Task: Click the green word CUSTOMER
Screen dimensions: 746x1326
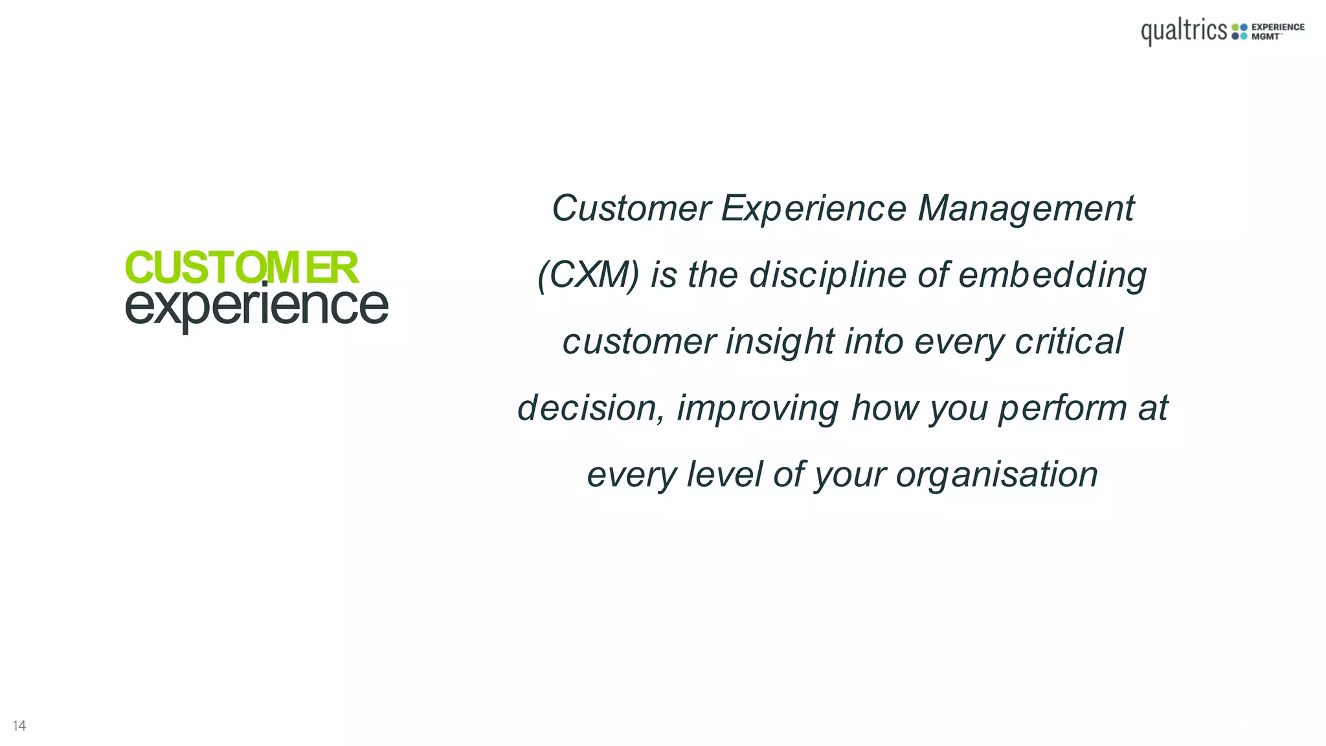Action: (x=241, y=267)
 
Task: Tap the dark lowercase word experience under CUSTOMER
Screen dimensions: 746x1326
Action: (x=256, y=306)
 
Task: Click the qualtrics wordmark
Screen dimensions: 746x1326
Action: (x=1184, y=31)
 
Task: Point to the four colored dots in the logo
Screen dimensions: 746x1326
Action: (x=1239, y=32)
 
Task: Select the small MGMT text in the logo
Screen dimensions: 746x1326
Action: (x=1265, y=37)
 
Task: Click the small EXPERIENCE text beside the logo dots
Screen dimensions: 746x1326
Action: (x=1277, y=27)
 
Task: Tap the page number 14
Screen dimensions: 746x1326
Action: (x=19, y=726)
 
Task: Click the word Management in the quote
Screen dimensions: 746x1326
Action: (x=1026, y=209)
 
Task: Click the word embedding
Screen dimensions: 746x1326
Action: (x=1052, y=275)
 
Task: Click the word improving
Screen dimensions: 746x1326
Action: (x=758, y=408)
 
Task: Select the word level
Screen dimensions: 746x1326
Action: (x=725, y=474)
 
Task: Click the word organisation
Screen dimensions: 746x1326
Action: (x=996, y=475)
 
